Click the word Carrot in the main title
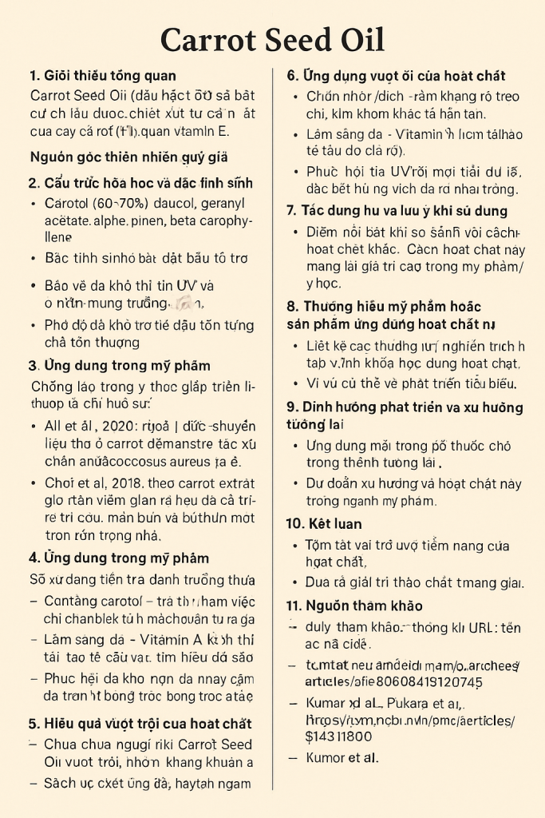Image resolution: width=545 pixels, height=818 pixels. [209, 39]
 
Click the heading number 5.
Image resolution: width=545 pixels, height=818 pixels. [34, 724]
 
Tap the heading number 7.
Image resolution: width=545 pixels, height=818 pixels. [291, 211]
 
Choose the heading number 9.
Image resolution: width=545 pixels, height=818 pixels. [291, 407]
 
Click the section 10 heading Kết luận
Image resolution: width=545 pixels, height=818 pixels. [334, 524]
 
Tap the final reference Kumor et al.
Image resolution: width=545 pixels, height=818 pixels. [342, 757]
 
